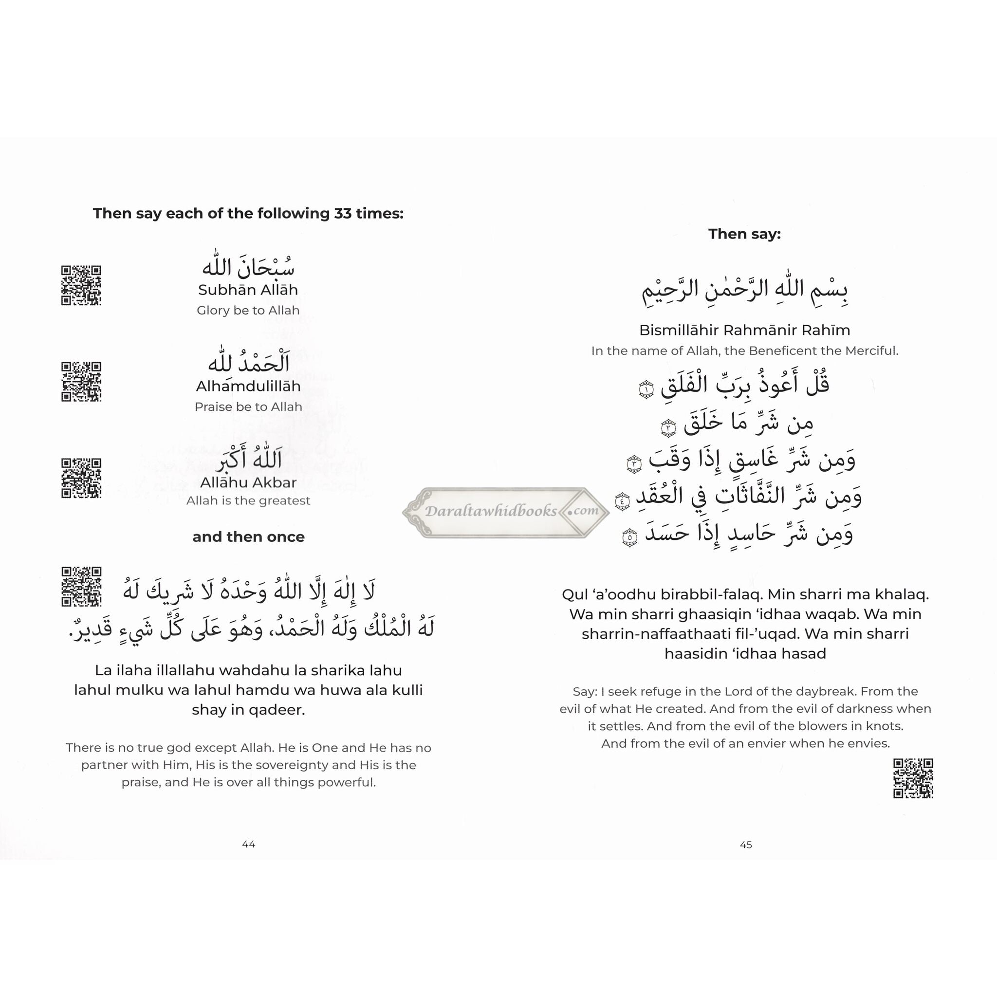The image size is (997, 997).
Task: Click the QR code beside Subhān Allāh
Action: [81, 285]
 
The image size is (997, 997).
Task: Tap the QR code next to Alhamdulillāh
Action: [81, 382]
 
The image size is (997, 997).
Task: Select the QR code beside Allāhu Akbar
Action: [81, 478]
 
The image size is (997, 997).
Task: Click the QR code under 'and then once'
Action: [81, 587]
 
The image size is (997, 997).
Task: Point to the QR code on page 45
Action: [913, 778]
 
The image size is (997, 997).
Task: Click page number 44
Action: [249, 844]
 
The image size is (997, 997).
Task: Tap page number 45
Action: [746, 845]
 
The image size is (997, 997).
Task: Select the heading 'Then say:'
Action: [744, 234]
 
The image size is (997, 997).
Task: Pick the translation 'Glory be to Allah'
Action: [248, 311]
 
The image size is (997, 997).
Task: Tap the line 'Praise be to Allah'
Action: [248, 406]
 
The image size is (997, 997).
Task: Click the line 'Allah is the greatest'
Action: [248, 500]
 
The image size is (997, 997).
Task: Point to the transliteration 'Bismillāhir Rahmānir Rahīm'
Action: [745, 330]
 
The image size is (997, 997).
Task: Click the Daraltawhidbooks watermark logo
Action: [506, 512]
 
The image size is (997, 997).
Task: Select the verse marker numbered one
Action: [646, 389]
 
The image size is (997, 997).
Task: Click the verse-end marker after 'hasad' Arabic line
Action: [629, 537]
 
